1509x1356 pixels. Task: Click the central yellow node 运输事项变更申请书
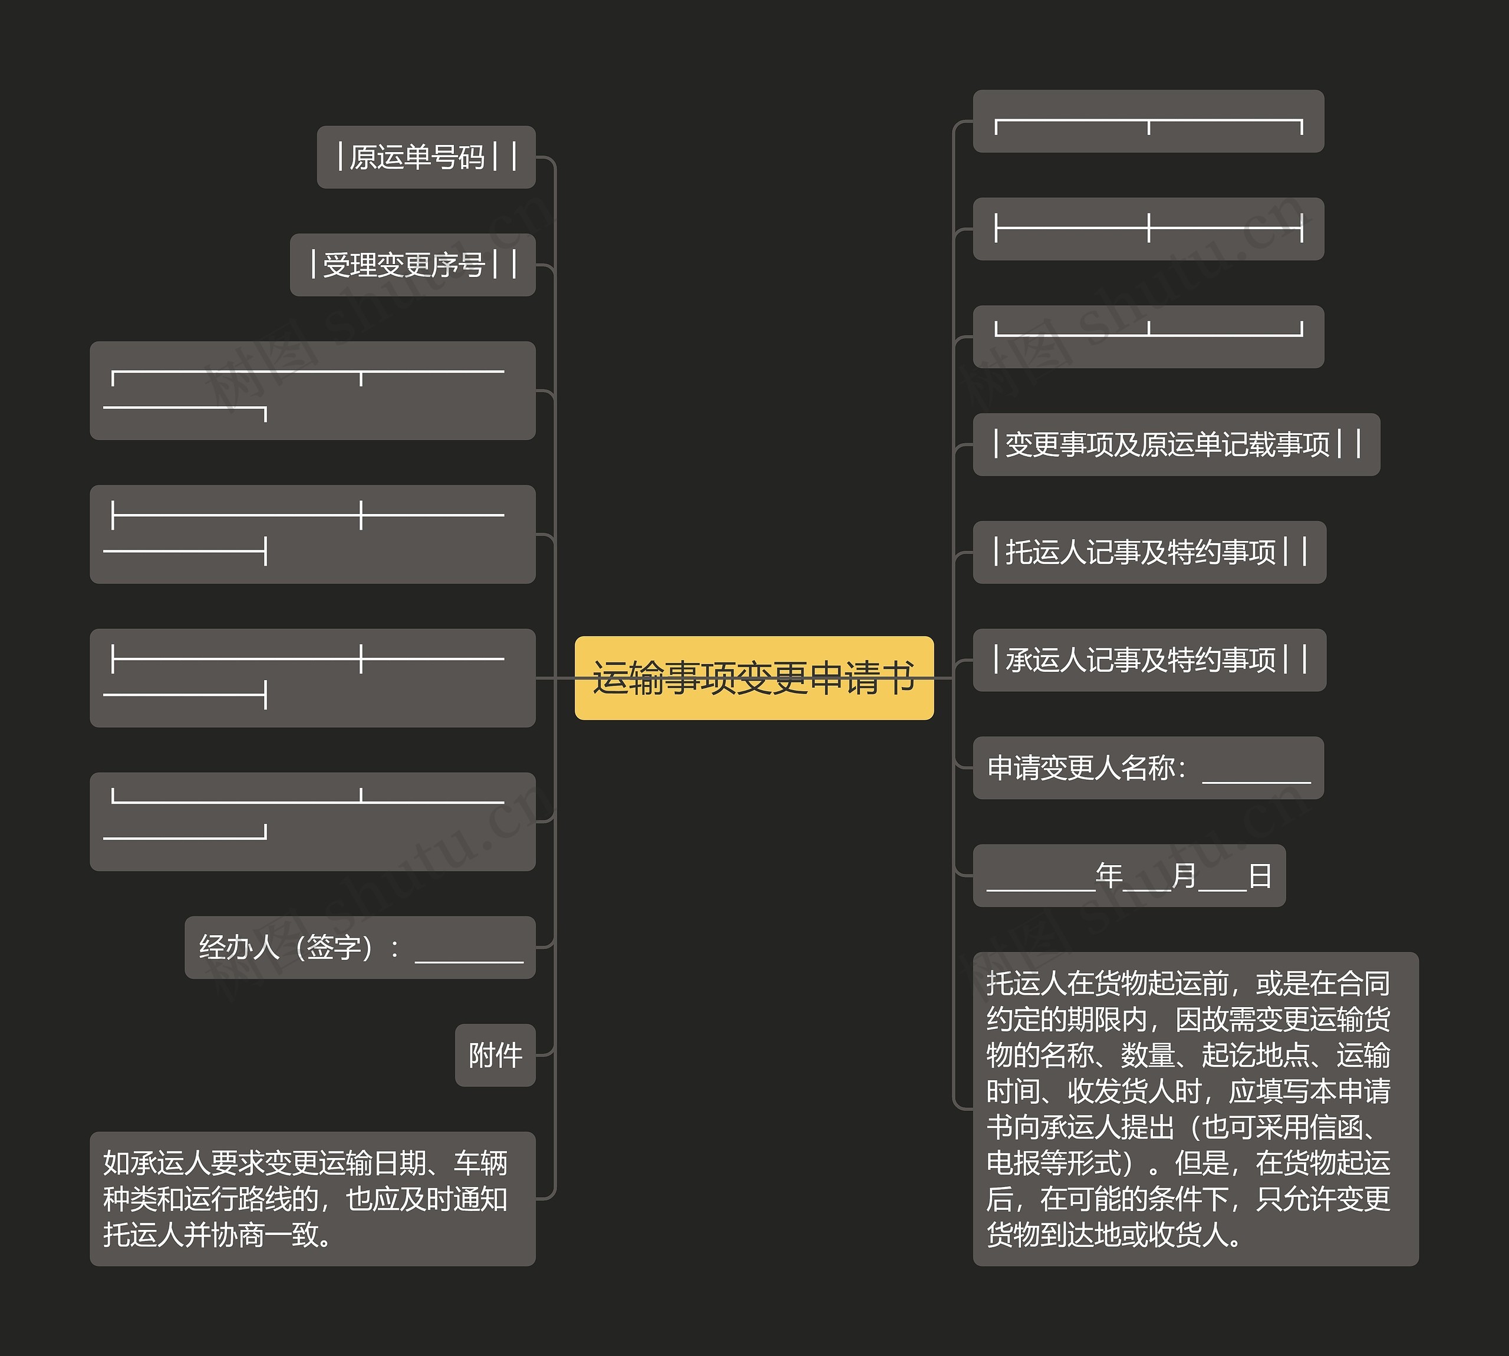753,678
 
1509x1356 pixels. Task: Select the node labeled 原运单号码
426,157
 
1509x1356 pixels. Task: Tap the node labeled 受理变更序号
412,265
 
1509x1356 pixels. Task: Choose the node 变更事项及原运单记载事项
1176,445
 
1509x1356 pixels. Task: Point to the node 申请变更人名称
1148,768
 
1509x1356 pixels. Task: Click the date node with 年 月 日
1128,876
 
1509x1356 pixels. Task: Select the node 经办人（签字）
360,948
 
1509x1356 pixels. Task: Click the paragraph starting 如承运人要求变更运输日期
312,1199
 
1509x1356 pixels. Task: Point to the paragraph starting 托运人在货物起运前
1195,1108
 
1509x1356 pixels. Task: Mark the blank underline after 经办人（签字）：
469,956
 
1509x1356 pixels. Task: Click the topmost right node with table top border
1148,121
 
